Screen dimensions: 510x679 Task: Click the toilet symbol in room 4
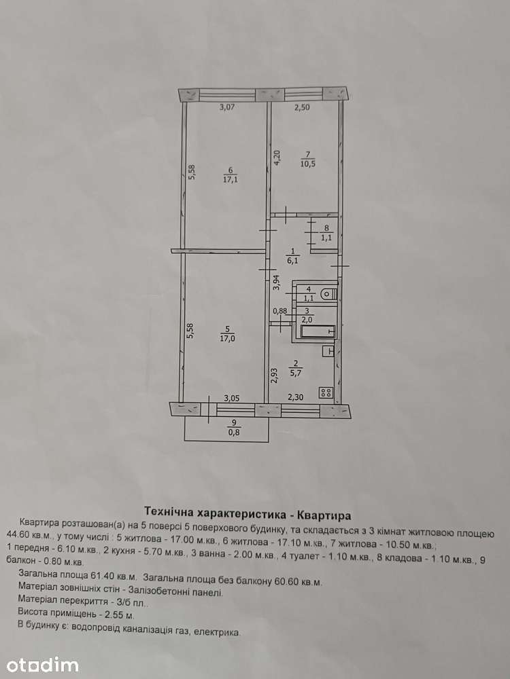point(328,295)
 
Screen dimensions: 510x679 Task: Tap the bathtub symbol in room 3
point(318,332)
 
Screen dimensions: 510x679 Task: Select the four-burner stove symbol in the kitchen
point(326,392)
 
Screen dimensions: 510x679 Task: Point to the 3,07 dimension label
point(227,107)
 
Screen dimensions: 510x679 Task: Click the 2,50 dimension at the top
point(303,107)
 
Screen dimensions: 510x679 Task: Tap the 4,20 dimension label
point(277,158)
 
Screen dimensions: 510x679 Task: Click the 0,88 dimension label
point(279,310)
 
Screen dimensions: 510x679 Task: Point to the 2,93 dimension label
point(273,375)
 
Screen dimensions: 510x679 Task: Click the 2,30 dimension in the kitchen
point(296,397)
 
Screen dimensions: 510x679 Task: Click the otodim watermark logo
point(42,665)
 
